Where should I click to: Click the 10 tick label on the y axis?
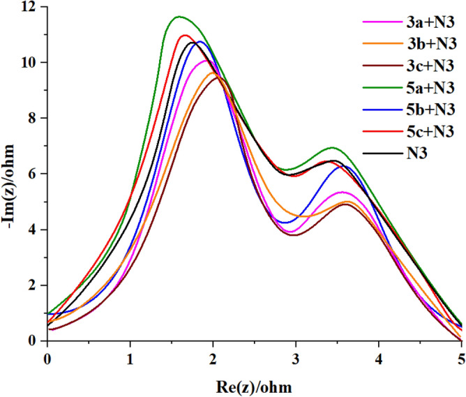pyautogui.click(x=30, y=63)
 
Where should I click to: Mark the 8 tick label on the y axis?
pyautogui.click(x=33, y=119)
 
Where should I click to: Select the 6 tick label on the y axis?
pyautogui.click(x=33, y=174)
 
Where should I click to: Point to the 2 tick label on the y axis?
pyautogui.click(x=33, y=285)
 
